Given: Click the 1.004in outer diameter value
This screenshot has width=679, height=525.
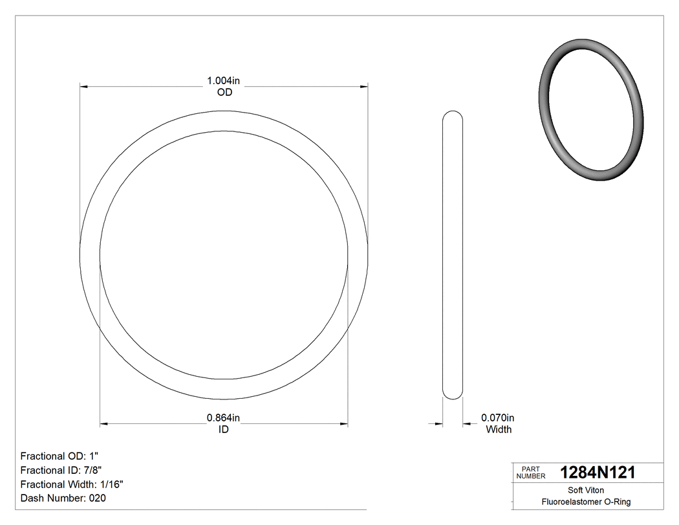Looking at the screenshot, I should click(x=223, y=81).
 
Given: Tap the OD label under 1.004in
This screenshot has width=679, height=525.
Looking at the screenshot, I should click(x=224, y=93).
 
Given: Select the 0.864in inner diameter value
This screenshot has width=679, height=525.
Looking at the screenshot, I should click(x=223, y=418).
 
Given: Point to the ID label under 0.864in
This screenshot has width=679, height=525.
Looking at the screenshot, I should click(x=223, y=429).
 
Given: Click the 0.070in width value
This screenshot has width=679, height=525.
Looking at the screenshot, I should click(x=498, y=418).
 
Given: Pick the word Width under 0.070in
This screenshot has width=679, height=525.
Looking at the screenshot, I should click(x=498, y=429).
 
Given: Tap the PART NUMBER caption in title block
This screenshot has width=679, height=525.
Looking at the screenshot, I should click(x=531, y=473).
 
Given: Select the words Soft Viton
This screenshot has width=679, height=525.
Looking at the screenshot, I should click(x=586, y=490).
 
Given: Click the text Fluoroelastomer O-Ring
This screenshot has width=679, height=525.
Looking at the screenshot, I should click(x=586, y=502).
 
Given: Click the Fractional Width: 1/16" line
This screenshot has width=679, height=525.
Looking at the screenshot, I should click(x=72, y=484).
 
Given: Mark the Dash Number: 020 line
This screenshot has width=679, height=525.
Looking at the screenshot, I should click(x=63, y=498).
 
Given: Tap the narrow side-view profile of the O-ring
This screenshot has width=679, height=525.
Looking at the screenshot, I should click(x=453, y=255).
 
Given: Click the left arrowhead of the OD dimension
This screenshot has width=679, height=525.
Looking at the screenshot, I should click(x=83, y=85).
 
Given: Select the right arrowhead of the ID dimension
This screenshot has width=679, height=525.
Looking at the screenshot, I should click(x=344, y=424).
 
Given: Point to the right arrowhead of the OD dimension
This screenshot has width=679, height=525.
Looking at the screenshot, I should click(x=364, y=85).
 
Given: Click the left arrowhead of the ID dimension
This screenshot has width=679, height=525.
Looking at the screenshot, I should click(x=103, y=424).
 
